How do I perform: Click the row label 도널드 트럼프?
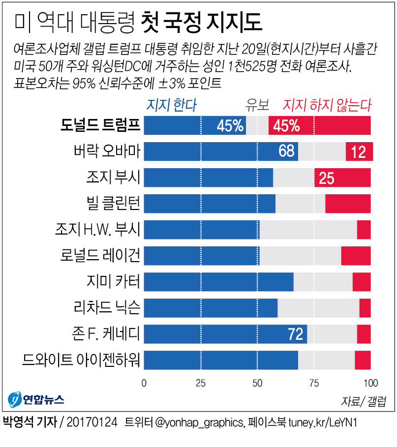(x=100, y=126)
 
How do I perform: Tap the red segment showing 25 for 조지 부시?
(x=342, y=178)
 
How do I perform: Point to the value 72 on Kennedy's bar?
(x=295, y=334)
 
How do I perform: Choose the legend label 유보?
(x=257, y=105)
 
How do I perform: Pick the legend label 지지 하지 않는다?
(x=327, y=105)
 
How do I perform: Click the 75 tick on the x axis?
(x=314, y=383)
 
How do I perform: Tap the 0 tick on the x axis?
(x=144, y=383)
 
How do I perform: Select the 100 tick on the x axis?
(x=370, y=383)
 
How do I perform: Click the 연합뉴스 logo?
(x=36, y=400)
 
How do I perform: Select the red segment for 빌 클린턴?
(x=348, y=204)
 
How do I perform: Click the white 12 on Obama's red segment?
(x=359, y=152)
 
